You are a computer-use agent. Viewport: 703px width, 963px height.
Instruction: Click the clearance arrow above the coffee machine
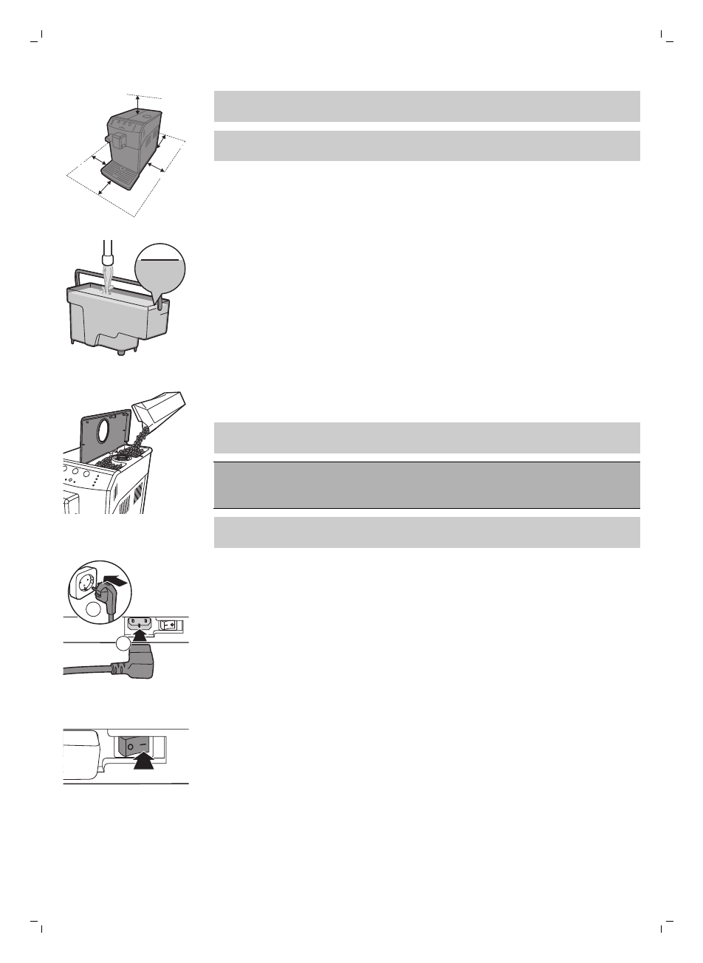click(137, 104)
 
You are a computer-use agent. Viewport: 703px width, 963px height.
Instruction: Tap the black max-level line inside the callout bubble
click(159, 260)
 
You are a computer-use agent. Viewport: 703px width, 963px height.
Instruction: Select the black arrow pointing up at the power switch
click(144, 761)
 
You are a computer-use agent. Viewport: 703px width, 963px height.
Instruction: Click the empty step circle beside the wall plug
click(92, 610)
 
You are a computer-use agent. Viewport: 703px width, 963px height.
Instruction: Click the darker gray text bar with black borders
click(426, 485)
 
